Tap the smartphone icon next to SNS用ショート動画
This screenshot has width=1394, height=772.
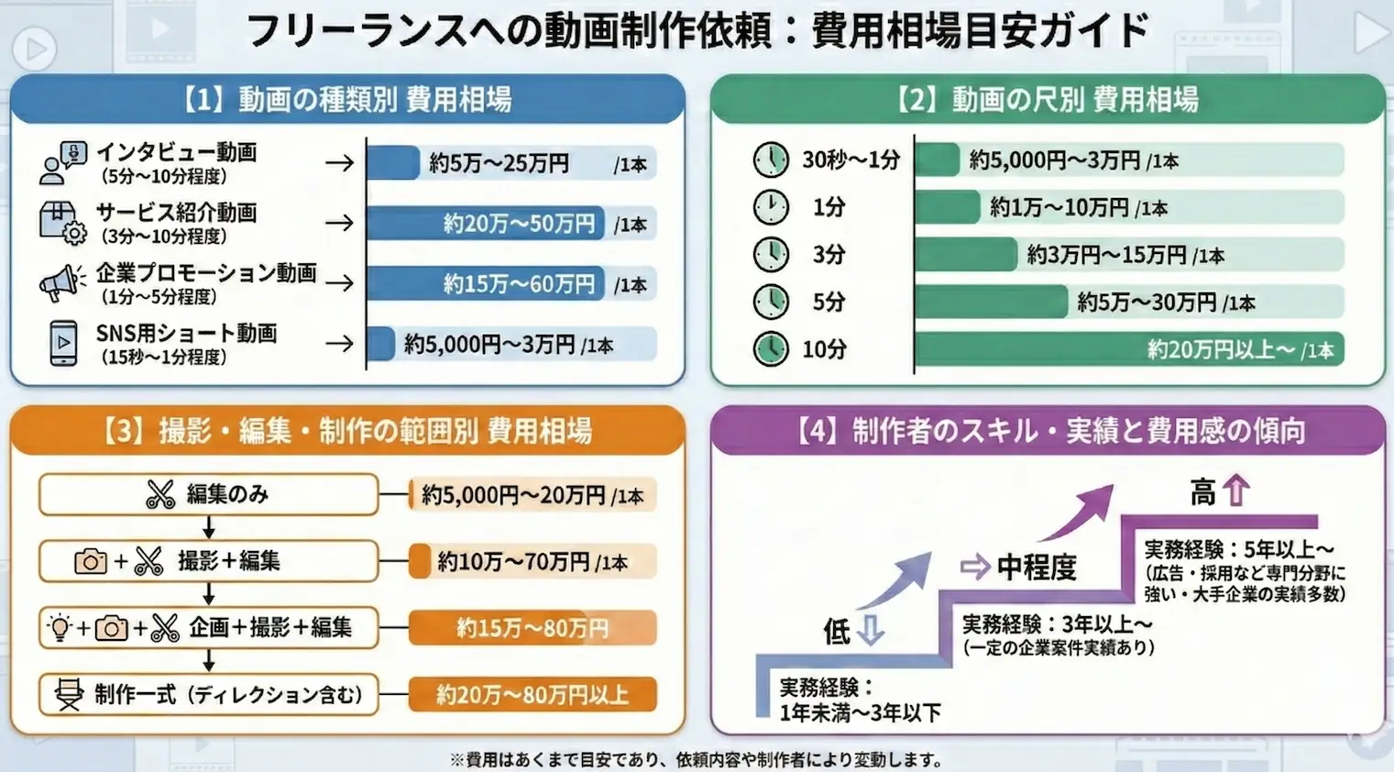point(63,343)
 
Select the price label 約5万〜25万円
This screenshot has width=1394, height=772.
point(499,163)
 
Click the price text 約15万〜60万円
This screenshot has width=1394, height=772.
point(519,283)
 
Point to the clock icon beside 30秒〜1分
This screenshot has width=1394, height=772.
point(771,160)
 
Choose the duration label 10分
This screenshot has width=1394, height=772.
point(824,349)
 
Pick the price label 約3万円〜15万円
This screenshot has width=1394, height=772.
point(1106,255)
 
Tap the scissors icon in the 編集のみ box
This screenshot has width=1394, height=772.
point(160,494)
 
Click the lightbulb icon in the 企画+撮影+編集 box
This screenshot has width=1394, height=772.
point(60,628)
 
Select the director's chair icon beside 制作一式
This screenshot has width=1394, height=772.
point(68,694)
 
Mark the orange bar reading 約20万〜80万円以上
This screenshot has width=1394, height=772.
point(532,694)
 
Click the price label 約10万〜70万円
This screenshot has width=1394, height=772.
point(513,561)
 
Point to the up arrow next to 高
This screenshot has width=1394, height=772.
point(1236,491)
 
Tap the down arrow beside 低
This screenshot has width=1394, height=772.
point(870,630)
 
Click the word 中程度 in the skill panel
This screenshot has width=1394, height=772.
point(1036,567)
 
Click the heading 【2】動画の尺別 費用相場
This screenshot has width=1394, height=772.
point(1048,99)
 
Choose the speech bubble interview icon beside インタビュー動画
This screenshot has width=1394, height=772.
point(63,162)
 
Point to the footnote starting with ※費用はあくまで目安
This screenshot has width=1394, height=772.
point(697,759)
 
